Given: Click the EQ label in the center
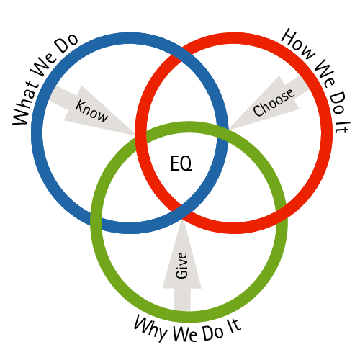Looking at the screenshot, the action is coord(181,163).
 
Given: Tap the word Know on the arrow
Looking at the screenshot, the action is coord(91,112).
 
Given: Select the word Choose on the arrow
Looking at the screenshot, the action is coord(274,102).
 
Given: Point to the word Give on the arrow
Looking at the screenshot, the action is coord(181,266).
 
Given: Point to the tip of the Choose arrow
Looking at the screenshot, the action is coord(230,130).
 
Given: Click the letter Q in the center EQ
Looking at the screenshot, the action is coord(186,163).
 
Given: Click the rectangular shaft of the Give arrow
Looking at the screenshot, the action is coord(182,299).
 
